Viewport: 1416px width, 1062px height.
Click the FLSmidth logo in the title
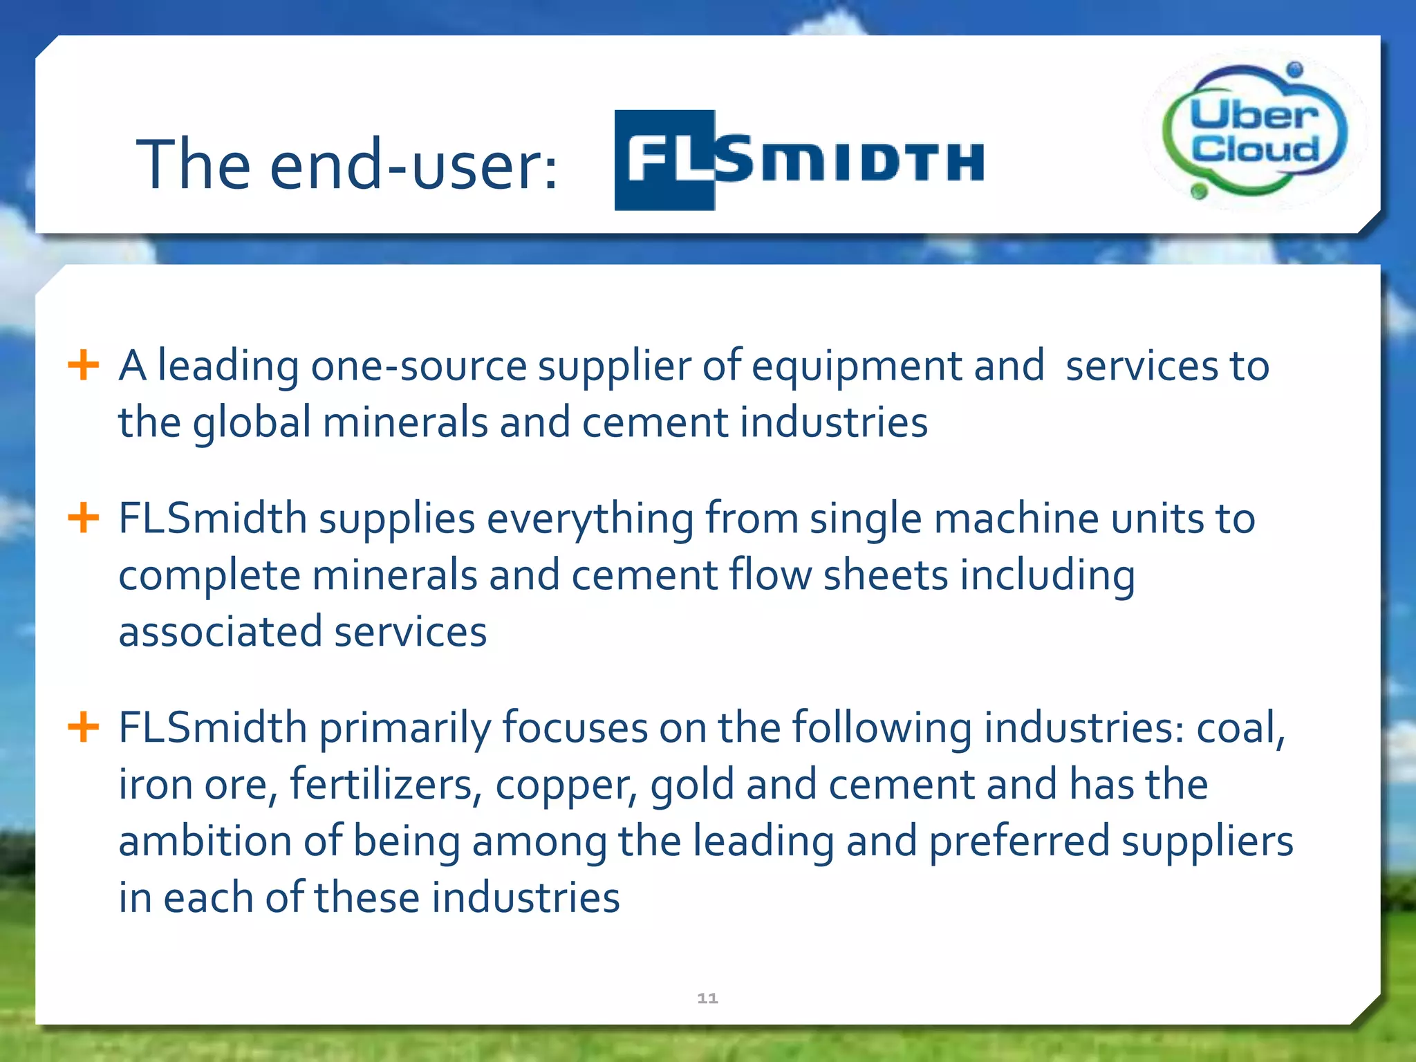point(799,160)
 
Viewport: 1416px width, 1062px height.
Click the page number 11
point(707,998)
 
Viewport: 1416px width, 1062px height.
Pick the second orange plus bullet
point(84,518)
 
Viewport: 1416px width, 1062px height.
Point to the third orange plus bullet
point(84,727)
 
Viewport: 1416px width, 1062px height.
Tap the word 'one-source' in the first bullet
point(418,366)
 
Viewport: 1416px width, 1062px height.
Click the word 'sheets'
point(885,576)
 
